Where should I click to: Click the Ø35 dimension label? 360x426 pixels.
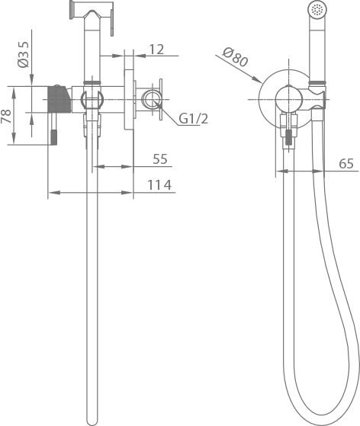click(23, 54)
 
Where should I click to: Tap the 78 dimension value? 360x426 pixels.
click(6, 116)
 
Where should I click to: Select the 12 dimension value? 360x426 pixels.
click(156, 50)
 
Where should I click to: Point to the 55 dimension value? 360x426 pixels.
click(160, 159)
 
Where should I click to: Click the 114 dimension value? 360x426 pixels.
click(159, 185)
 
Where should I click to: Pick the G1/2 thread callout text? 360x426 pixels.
click(193, 118)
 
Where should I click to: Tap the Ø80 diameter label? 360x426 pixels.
click(236, 57)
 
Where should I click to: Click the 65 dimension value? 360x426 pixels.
click(346, 164)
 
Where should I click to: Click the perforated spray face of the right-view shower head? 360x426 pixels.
click(317, 9)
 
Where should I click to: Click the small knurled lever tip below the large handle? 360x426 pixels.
click(54, 137)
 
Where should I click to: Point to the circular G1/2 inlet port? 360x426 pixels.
click(150, 99)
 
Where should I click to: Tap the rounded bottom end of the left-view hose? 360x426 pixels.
click(92, 422)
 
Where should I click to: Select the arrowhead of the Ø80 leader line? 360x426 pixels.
click(257, 79)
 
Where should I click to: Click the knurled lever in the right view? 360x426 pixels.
click(289, 139)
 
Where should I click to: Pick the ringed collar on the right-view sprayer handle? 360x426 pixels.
click(317, 82)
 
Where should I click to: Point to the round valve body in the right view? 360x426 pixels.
click(288, 99)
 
